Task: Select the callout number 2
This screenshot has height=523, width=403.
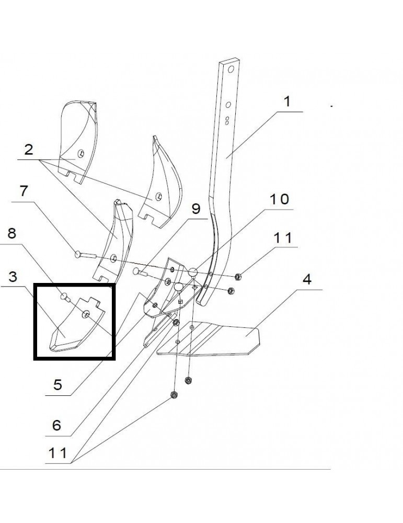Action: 28,150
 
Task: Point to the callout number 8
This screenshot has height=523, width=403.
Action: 11,233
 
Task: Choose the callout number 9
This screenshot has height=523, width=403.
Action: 195,209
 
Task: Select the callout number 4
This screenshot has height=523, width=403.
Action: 306,278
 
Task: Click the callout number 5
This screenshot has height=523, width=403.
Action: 57,385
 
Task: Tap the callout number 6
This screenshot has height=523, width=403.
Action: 56,424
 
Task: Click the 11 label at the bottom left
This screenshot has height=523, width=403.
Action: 57,452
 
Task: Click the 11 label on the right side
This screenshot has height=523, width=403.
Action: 285,238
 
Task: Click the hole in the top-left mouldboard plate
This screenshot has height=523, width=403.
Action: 80,153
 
